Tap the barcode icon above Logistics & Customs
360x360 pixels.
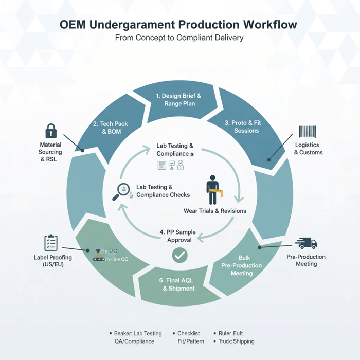[307, 132]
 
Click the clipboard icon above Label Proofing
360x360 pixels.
[51, 242]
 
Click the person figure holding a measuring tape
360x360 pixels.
[212, 190]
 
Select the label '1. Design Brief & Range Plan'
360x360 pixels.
[179, 100]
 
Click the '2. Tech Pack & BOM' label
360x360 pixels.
[110, 128]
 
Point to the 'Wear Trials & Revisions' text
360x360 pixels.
[214, 211]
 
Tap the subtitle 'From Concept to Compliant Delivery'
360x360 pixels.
[179, 38]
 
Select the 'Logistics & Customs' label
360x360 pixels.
[308, 149]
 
